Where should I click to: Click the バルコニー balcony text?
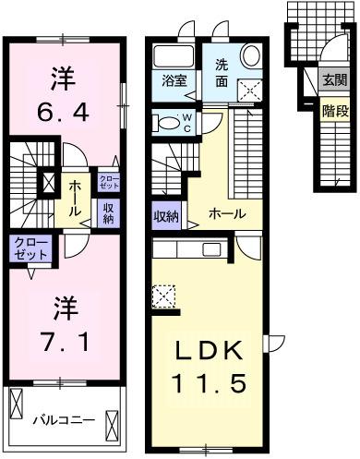click(64, 421)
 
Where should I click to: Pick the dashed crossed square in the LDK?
click(164, 297)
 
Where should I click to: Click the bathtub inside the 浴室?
click(172, 56)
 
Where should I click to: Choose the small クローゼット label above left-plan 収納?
click(108, 182)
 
